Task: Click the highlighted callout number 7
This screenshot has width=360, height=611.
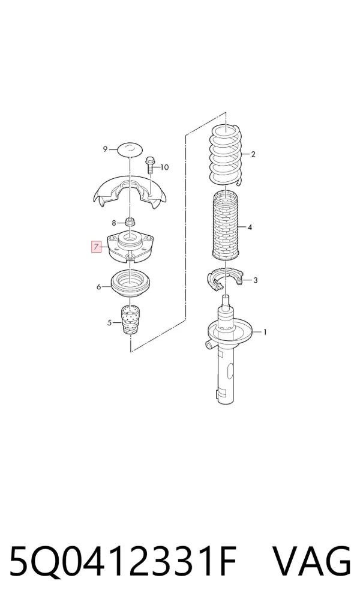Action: click(x=96, y=247)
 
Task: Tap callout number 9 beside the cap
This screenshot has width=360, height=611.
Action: click(x=105, y=149)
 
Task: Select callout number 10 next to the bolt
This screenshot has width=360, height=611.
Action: click(x=164, y=167)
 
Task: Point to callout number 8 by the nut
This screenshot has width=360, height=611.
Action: click(x=114, y=223)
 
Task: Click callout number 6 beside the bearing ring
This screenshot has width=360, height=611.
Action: click(x=99, y=287)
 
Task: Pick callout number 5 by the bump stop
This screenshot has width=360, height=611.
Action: click(x=109, y=323)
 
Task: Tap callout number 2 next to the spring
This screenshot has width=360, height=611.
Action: click(x=253, y=154)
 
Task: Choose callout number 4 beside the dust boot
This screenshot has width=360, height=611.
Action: click(x=250, y=227)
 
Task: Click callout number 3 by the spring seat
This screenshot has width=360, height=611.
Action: click(x=255, y=280)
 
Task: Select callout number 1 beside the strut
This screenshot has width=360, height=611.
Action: click(x=265, y=332)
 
